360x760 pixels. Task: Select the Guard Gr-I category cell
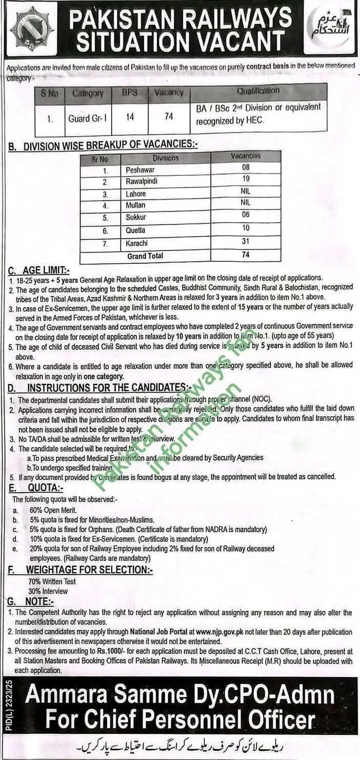88,117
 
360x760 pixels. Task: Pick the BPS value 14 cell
130,117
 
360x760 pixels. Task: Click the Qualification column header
258,91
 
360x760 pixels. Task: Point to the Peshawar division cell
140,170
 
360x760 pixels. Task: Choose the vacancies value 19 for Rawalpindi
246,179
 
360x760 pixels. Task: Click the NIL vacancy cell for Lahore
246,191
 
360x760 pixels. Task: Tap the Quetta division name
136,230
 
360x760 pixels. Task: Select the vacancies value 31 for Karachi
246,242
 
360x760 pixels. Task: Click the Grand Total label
144,256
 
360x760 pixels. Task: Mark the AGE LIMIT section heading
39,270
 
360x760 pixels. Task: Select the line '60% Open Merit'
53,510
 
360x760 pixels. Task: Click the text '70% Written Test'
52,581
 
